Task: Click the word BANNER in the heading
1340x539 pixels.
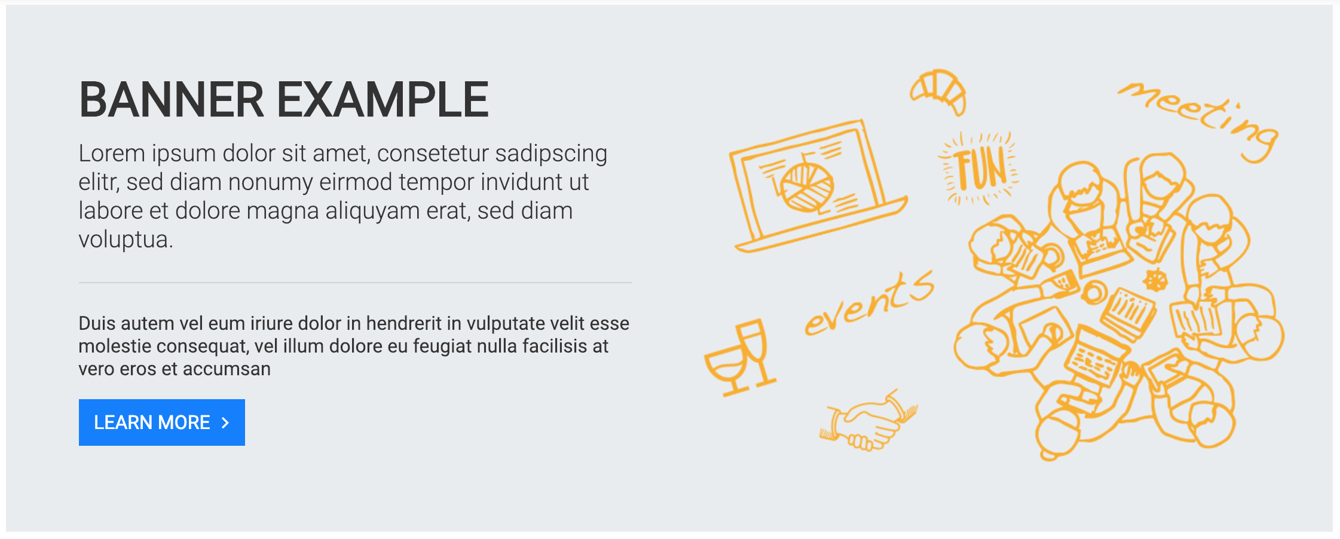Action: (x=172, y=99)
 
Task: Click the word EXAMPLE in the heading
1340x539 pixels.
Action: (x=383, y=99)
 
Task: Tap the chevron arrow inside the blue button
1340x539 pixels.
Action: (x=225, y=423)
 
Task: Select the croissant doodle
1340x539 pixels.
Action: (x=938, y=91)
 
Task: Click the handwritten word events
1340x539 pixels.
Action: (x=869, y=303)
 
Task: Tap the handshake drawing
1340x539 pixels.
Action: (x=868, y=421)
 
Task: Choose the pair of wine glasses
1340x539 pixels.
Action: (x=741, y=358)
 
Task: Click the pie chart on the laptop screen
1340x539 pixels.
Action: (x=807, y=186)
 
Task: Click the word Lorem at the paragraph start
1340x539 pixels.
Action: (x=112, y=154)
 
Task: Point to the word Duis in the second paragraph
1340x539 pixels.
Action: (x=97, y=323)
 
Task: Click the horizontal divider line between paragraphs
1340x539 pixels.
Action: (x=356, y=283)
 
